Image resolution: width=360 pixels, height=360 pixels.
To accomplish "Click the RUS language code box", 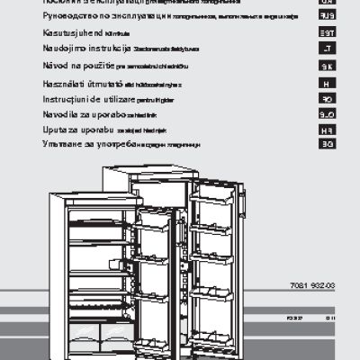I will click(x=328, y=16).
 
